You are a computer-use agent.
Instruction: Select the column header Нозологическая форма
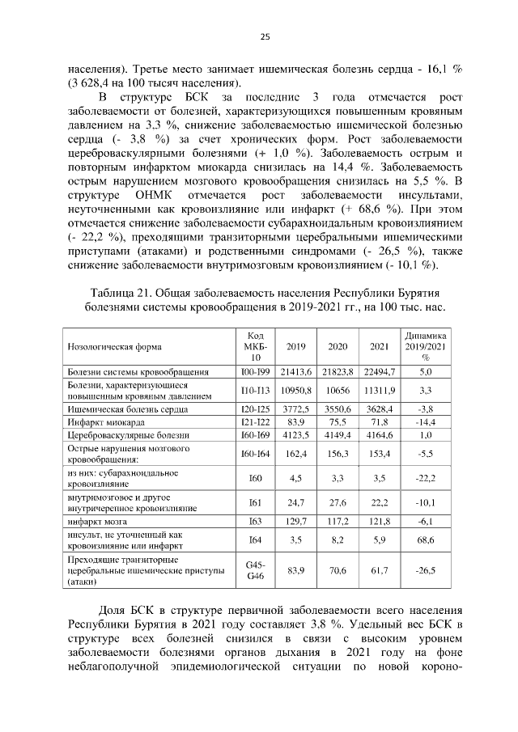pyautogui.click(x=114, y=347)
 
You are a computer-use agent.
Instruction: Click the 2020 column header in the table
pyautogui.click(x=338, y=347)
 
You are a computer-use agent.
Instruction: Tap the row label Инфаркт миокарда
pyautogui.click(x=106, y=423)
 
